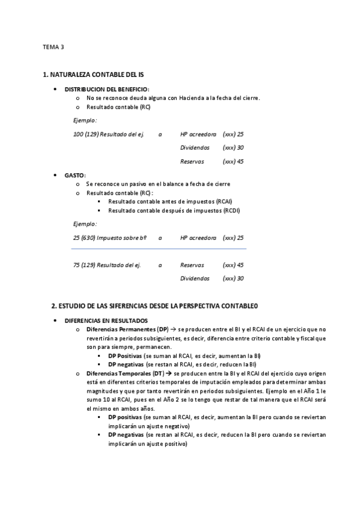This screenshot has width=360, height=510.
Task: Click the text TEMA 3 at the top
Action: tap(53, 46)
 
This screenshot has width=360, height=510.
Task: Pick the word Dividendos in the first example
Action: tap(195, 147)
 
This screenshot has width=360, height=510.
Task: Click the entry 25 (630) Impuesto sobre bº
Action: tap(110, 238)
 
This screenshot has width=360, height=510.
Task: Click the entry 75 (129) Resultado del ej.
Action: tap(107, 265)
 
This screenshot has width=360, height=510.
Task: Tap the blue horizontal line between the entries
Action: tap(159, 248)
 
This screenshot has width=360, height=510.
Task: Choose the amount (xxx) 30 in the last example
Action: tap(233, 278)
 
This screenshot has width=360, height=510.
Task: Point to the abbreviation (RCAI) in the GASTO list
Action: tap(223, 201)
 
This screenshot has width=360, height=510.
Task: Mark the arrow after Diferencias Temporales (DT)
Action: tap(169, 373)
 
